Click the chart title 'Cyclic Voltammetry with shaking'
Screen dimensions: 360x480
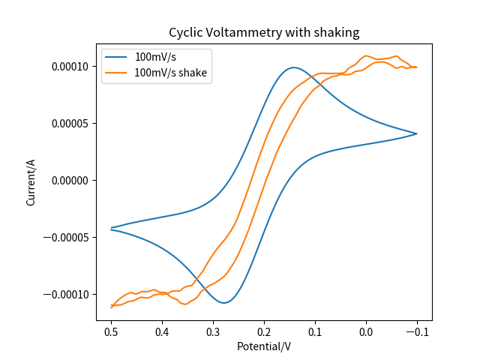(264, 32)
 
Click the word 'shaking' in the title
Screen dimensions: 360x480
(337, 32)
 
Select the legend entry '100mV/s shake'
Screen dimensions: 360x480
(170, 73)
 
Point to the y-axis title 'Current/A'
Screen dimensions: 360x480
(31, 182)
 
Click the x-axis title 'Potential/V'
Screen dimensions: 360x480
(264, 346)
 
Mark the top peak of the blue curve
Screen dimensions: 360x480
(294, 67)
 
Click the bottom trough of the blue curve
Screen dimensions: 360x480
(224, 302)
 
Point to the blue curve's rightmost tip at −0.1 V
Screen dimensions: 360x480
(416, 133)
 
